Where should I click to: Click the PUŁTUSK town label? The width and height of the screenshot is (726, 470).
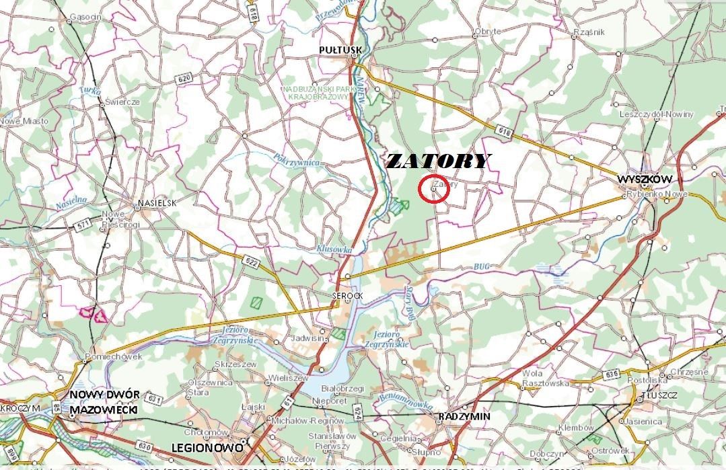[x=340, y=50]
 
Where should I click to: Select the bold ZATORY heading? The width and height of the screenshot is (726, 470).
[x=438, y=161]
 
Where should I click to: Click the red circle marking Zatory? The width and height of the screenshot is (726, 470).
[x=434, y=190]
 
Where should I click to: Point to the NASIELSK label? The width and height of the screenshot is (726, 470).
[x=157, y=202]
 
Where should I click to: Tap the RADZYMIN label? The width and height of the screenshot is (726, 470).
[x=464, y=417]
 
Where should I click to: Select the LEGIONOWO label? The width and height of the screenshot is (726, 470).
[x=205, y=446]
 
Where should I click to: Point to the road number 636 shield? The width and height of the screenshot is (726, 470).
[x=611, y=374]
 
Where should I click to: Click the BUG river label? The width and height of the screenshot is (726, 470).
[x=481, y=267]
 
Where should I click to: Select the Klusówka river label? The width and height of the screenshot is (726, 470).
[x=334, y=249]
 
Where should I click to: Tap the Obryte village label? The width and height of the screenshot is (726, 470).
[x=488, y=32]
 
